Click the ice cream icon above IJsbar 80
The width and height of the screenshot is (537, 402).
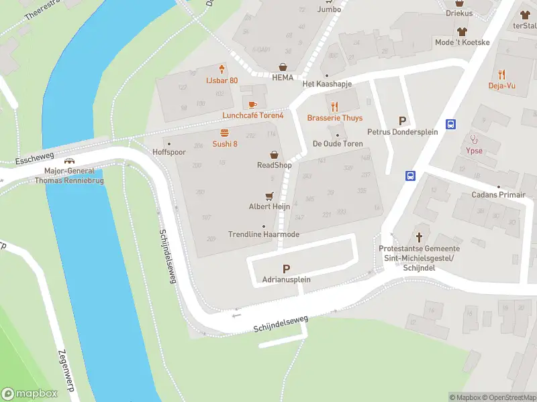(x=222, y=69)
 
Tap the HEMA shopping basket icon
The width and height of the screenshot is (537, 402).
(x=284, y=66)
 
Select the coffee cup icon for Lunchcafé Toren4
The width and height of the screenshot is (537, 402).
(x=252, y=104)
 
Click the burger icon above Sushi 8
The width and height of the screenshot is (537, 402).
(x=225, y=133)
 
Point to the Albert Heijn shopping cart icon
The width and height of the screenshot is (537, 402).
(x=270, y=196)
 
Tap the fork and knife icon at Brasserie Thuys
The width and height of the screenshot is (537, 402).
(x=335, y=106)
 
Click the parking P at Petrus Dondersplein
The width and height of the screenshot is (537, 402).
(x=403, y=121)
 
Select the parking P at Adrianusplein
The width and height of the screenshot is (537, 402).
(x=287, y=269)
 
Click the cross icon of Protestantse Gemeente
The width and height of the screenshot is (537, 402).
(x=420, y=237)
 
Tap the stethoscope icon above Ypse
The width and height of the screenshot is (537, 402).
(x=474, y=140)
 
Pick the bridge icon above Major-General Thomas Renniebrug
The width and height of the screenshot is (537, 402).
(x=69, y=161)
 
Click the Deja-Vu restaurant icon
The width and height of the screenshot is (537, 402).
(x=501, y=74)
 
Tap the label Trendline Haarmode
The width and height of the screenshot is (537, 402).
(x=264, y=234)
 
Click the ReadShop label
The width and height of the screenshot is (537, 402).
(x=274, y=165)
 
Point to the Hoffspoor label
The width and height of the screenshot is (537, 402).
(x=168, y=152)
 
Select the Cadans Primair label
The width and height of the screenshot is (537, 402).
(x=499, y=195)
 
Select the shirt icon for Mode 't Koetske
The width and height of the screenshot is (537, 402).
(x=462, y=31)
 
